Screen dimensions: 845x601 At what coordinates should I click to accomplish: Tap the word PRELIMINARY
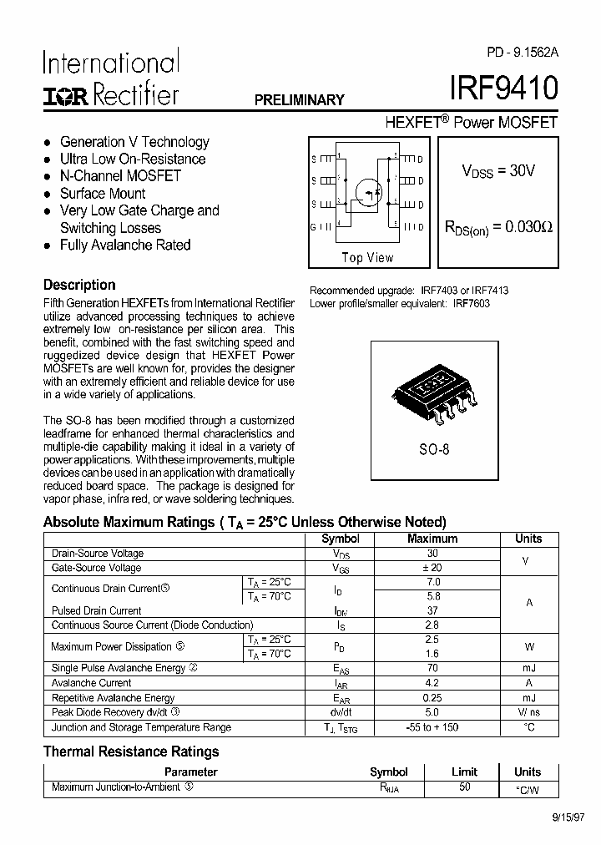tap(299, 100)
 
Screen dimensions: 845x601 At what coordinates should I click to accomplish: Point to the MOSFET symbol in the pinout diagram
tap(367, 190)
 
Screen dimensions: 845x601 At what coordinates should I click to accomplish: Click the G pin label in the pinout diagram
tap(314, 227)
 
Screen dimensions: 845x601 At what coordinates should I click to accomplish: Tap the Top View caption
tap(367, 258)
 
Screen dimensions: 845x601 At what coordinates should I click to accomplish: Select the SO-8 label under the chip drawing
tap(434, 448)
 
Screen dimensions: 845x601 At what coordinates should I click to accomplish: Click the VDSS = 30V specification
tap(498, 171)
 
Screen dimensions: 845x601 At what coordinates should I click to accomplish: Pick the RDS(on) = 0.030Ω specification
tap(500, 227)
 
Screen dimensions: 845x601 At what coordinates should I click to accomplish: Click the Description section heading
tap(79, 285)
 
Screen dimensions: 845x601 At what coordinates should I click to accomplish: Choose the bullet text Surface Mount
tap(103, 194)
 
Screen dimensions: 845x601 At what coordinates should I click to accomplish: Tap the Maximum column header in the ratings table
tap(432, 539)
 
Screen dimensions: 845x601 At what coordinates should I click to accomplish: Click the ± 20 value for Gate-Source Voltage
tap(432, 568)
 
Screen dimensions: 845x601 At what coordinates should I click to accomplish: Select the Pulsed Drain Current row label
tap(97, 611)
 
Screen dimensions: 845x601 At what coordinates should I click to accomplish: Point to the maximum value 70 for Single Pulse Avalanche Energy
tap(432, 668)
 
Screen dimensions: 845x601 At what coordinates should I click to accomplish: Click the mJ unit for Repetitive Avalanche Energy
tap(528, 698)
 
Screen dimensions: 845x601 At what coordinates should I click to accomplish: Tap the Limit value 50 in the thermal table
tap(464, 787)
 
